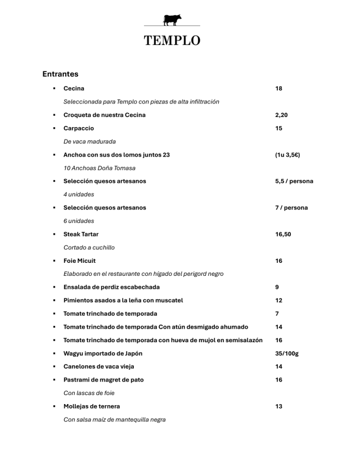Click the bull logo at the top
[172, 20]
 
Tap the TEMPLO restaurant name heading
[172, 41]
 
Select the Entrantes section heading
[60, 74]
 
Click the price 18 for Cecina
[279, 88]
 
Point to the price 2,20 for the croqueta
[281, 115]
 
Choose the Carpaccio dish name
[79, 128]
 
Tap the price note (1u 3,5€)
[287, 155]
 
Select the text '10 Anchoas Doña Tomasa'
[100, 168]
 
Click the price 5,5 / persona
[294, 181]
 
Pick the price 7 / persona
[291, 208]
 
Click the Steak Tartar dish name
[81, 234]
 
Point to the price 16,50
[283, 234]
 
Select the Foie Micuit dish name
[79, 261]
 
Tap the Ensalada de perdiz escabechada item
[111, 287]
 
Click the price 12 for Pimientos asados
[279, 301]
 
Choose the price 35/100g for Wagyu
[287, 353]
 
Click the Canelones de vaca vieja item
[99, 366]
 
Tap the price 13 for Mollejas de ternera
[279, 406]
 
